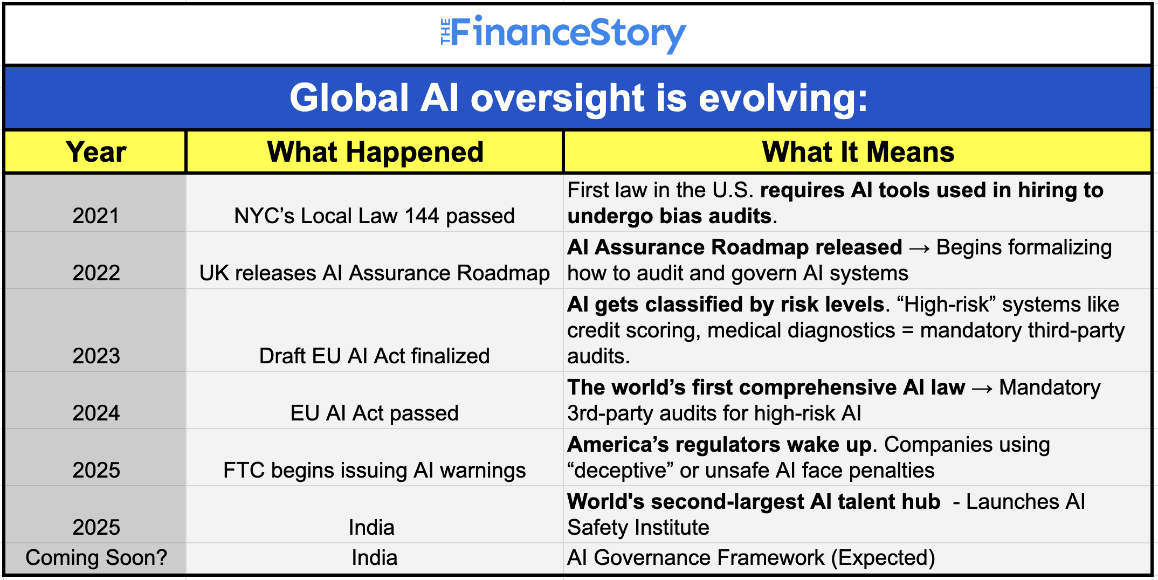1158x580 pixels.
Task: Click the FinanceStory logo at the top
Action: pyautogui.click(x=563, y=33)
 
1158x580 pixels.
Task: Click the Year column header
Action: pyautogui.click(x=96, y=152)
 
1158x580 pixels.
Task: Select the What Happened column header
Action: pyautogui.click(x=375, y=152)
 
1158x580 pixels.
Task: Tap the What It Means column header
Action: pyautogui.click(x=858, y=152)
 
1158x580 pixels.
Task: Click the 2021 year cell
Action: pyautogui.click(x=96, y=216)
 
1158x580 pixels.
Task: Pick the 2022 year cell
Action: pyautogui.click(x=96, y=273)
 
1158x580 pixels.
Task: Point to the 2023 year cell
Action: pyautogui.click(x=96, y=356)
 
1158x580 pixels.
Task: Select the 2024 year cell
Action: pyautogui.click(x=96, y=413)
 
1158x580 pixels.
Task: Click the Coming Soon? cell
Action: pyautogui.click(x=96, y=557)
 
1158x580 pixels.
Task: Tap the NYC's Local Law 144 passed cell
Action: pyautogui.click(x=375, y=216)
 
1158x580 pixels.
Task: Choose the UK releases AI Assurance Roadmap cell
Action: pyautogui.click(x=375, y=273)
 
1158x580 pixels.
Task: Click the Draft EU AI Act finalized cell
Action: pyautogui.click(x=375, y=356)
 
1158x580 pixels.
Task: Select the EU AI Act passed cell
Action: pyautogui.click(x=375, y=413)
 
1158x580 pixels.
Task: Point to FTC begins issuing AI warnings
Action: pyautogui.click(x=375, y=470)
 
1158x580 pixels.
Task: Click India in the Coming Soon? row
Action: pyautogui.click(x=375, y=557)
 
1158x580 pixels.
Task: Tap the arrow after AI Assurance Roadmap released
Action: pyautogui.click(x=920, y=248)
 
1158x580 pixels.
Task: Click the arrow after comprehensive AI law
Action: pyautogui.click(x=982, y=388)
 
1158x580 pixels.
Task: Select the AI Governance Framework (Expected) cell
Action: pyautogui.click(x=751, y=557)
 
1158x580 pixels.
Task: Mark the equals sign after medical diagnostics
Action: pyautogui.click(x=908, y=330)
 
